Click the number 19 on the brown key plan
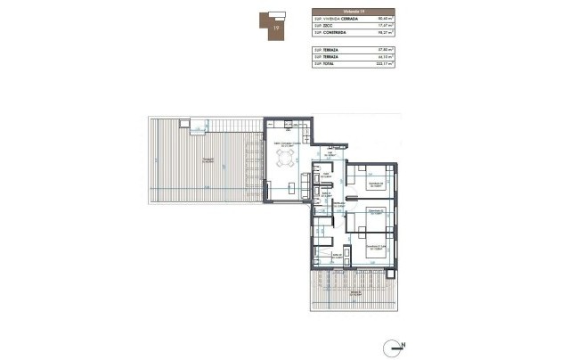[277, 28]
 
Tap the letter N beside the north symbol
[403, 344]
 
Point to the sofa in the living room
[307, 184]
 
